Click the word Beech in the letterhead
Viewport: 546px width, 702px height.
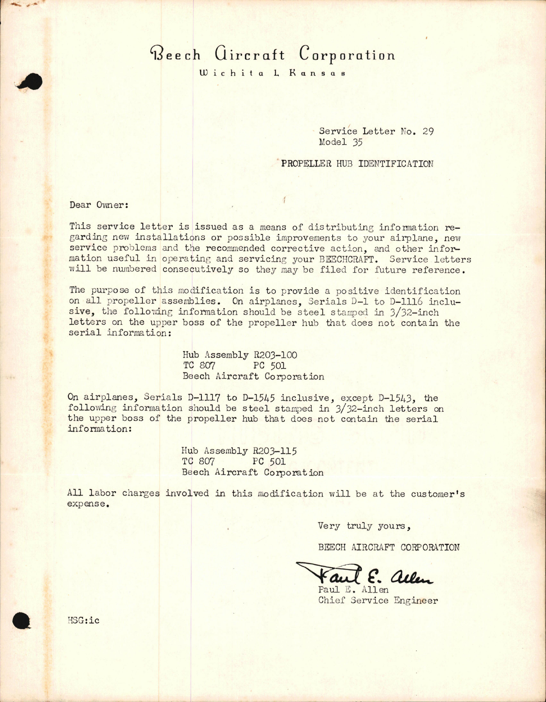[175, 55]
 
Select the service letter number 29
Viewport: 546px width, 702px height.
[428, 131]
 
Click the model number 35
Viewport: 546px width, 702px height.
[357, 142]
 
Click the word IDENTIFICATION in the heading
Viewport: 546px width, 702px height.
[395, 164]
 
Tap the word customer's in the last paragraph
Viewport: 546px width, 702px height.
[438, 494]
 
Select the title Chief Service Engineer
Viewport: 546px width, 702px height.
[378, 601]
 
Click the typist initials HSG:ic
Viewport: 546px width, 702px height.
[83, 620]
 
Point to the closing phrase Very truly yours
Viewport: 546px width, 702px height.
[364, 526]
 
